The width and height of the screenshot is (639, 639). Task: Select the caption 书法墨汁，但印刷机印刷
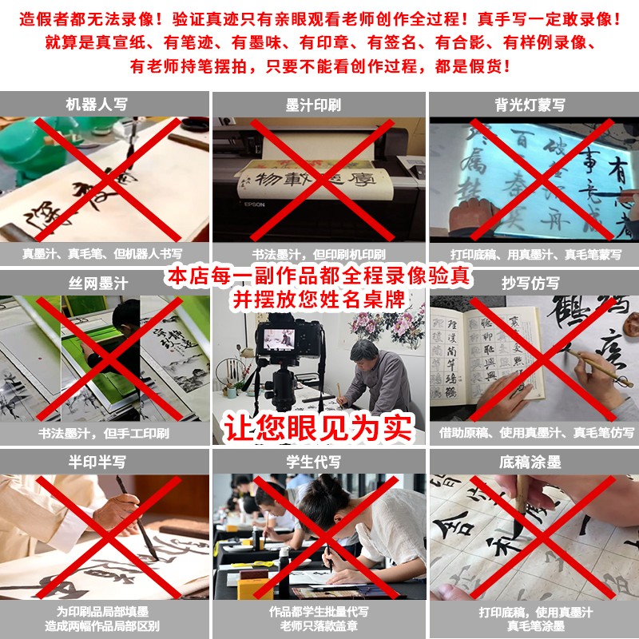(319, 255)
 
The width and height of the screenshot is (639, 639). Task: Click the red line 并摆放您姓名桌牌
(319, 300)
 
